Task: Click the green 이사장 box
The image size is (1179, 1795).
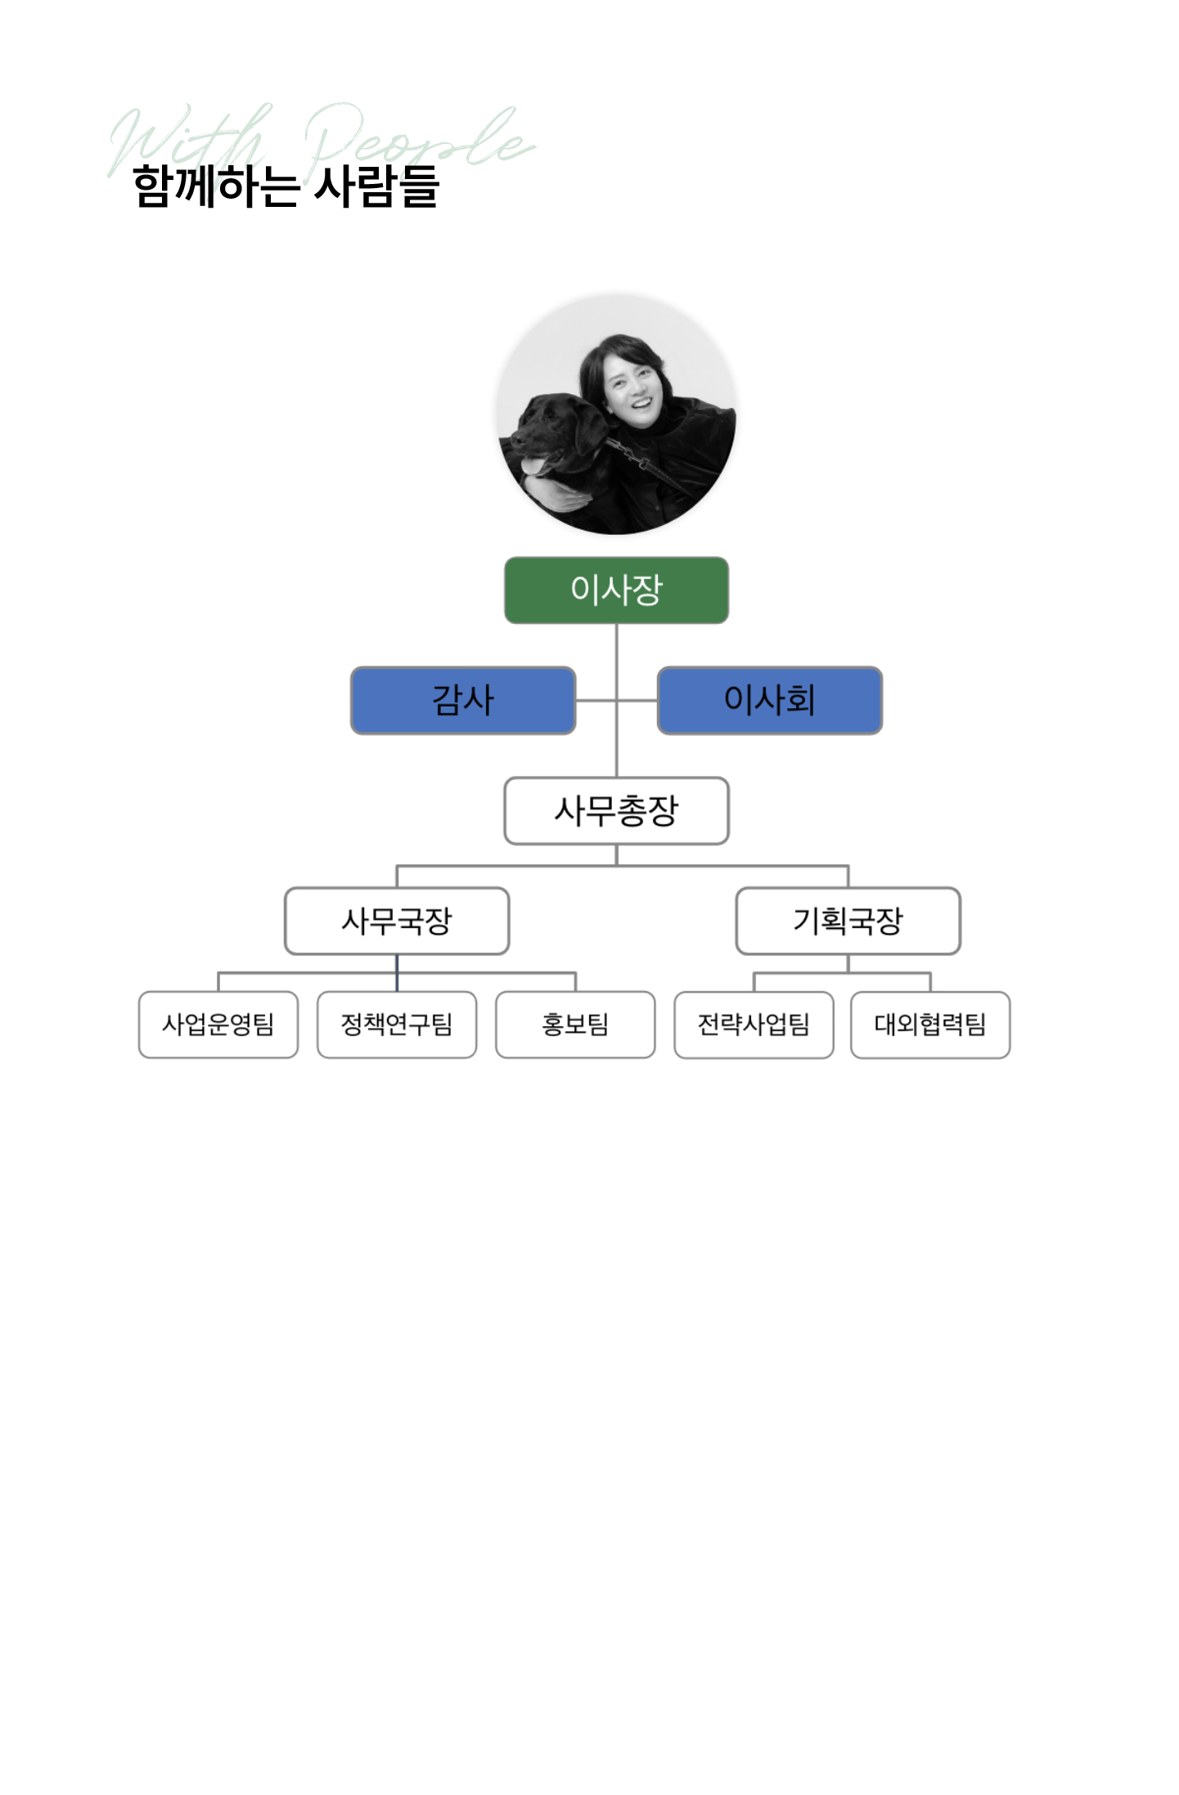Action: [615, 590]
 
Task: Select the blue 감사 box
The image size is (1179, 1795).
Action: [462, 700]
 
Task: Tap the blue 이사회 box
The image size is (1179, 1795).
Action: [769, 700]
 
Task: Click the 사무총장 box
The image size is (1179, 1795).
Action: [615, 810]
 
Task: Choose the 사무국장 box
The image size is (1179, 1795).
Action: [397, 921]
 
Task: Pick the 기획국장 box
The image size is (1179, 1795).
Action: [848, 921]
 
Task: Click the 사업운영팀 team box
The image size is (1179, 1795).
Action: [218, 1025]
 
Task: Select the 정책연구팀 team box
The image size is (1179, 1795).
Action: [397, 1025]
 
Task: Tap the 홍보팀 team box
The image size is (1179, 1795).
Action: [575, 1025]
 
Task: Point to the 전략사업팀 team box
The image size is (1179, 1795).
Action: [754, 1025]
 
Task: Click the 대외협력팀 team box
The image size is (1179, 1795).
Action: [930, 1025]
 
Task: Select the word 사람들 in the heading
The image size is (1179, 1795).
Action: [377, 186]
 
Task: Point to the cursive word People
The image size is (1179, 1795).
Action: [417, 139]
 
